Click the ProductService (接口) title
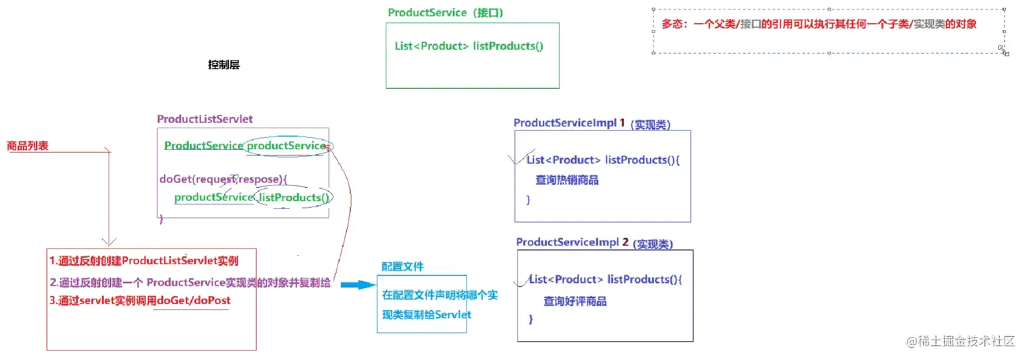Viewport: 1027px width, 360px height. (x=445, y=13)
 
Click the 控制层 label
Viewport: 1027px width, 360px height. (x=223, y=65)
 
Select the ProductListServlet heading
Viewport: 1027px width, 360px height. (x=204, y=119)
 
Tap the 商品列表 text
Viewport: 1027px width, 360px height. (x=27, y=146)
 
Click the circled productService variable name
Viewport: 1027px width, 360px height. (x=287, y=146)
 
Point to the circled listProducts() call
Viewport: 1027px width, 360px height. (x=293, y=198)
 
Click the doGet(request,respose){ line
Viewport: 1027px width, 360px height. (x=223, y=179)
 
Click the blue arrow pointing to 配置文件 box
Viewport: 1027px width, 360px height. (x=357, y=285)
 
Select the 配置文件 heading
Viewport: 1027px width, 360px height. (x=402, y=267)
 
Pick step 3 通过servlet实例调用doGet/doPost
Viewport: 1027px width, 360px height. (x=144, y=300)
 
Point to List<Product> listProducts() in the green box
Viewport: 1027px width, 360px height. (x=469, y=46)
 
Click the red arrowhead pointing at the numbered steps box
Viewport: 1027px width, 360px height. (x=109, y=240)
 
